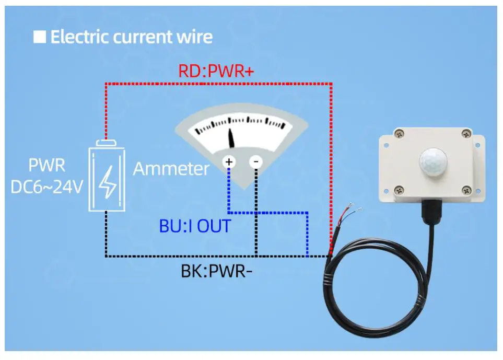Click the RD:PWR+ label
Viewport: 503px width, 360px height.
(x=216, y=71)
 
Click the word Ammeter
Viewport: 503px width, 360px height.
(x=171, y=169)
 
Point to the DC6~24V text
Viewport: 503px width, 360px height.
(x=47, y=186)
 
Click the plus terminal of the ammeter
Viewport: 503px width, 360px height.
(x=229, y=162)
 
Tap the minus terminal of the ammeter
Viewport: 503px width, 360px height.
(x=256, y=162)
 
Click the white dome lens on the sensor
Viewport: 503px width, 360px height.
(x=431, y=161)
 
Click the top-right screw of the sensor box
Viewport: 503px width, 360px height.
(x=465, y=134)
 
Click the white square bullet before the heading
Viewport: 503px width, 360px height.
(x=40, y=37)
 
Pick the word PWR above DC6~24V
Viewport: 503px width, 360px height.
(x=47, y=166)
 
